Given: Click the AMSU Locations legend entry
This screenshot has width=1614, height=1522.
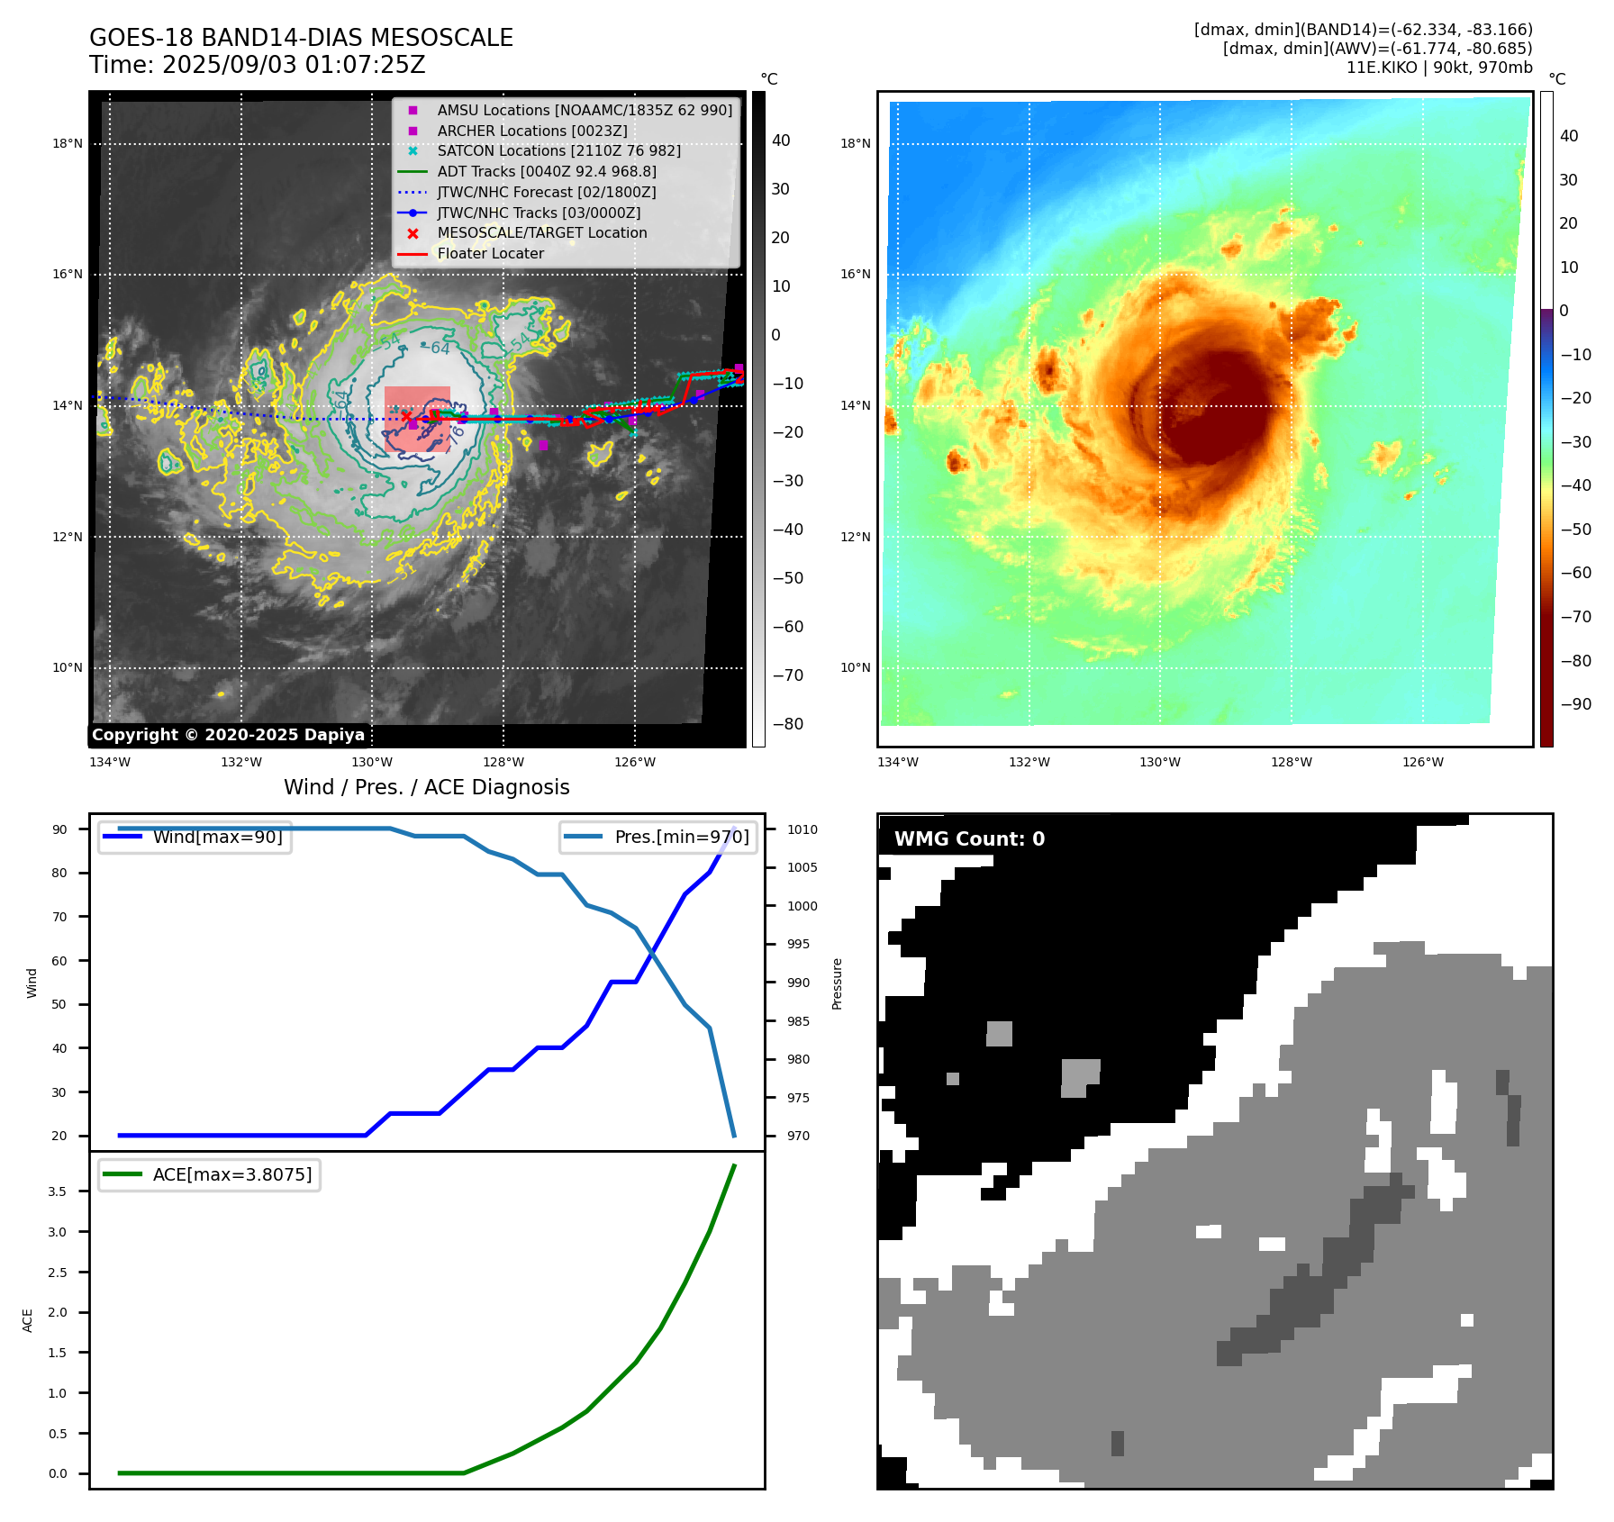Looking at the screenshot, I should [585, 110].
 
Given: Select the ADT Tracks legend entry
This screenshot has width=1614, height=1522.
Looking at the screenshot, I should [547, 171].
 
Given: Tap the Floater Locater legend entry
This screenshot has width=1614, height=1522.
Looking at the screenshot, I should [490, 253].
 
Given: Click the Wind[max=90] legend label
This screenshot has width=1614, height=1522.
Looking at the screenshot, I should [217, 837].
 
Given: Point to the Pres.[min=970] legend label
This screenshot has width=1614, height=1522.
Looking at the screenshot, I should [681, 837].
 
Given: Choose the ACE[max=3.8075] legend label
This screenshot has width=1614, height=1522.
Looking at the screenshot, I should [232, 1174].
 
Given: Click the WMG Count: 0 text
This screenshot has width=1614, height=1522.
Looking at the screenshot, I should [969, 839].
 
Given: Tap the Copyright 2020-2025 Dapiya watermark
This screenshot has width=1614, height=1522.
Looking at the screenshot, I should [228, 735].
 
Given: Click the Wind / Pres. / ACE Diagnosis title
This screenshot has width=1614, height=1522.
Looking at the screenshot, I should [427, 787].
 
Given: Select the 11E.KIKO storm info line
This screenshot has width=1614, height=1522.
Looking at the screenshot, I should [1438, 68].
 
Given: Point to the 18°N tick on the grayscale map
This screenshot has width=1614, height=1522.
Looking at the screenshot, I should [67, 143].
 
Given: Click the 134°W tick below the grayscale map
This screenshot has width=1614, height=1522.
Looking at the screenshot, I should [110, 763].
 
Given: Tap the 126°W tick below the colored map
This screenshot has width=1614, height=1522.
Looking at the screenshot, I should [1422, 763].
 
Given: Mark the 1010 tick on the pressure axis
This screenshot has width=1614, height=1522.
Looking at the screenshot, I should [802, 829].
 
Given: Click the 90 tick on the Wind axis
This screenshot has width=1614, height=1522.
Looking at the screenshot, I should [59, 829].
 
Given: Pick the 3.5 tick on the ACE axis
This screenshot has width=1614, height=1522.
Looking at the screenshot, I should [58, 1191].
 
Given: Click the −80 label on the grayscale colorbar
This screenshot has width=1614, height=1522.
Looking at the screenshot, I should [787, 724].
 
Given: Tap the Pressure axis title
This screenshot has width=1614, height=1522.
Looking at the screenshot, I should [837, 983].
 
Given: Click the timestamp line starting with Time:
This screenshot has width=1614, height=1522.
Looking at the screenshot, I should [257, 65].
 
